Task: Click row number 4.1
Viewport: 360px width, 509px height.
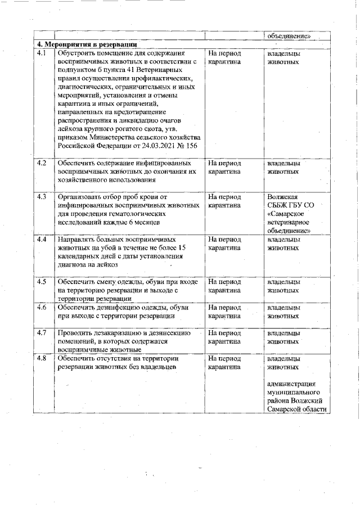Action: (x=41, y=53)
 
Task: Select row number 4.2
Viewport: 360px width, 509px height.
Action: (x=41, y=163)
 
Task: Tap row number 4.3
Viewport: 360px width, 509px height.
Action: (x=41, y=197)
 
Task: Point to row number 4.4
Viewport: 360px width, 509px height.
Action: (x=41, y=239)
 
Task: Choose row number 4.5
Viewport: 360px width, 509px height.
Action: (x=41, y=281)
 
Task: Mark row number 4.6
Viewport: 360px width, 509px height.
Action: (x=41, y=308)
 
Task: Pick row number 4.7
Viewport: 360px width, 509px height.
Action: (x=41, y=332)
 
